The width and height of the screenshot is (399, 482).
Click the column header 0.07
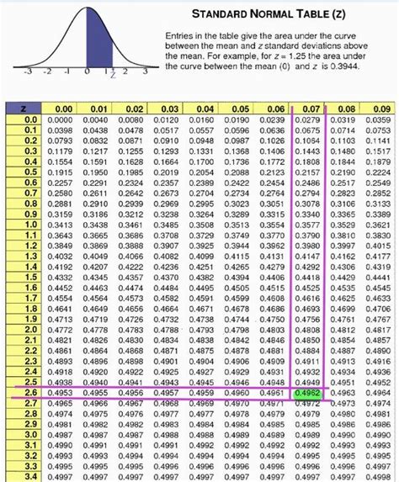point(309,109)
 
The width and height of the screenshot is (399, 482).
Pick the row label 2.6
point(31,392)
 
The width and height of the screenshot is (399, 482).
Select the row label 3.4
point(31,475)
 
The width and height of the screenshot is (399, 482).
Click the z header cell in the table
point(31,109)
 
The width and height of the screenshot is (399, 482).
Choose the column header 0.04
point(205,109)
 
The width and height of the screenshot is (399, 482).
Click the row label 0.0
point(31,120)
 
